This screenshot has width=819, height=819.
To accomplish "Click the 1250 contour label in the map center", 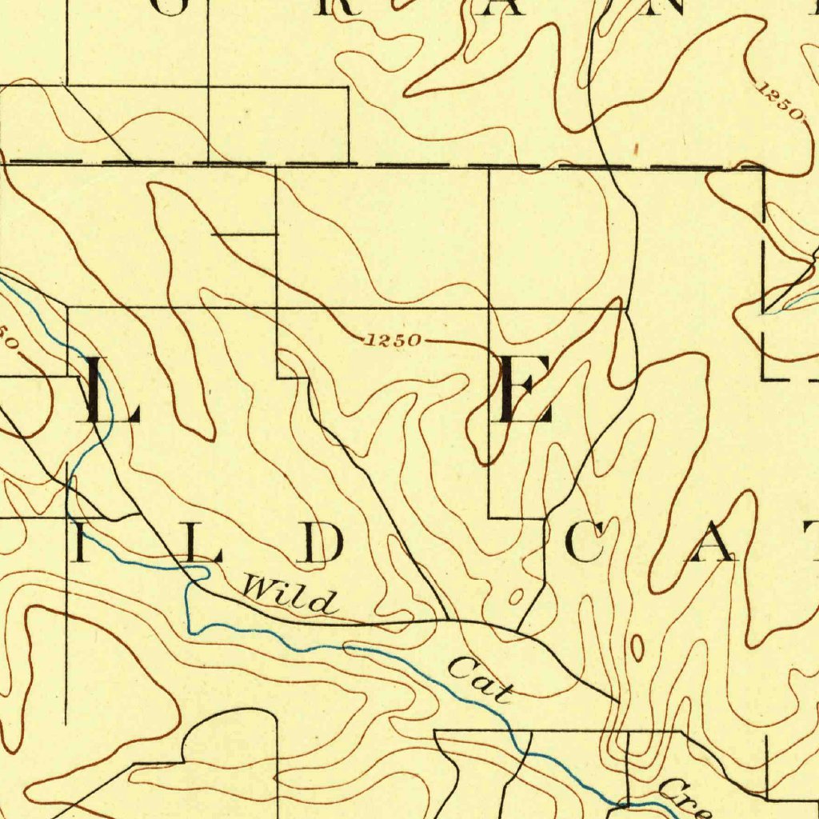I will click(x=392, y=341).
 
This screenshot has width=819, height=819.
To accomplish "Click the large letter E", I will click(x=524, y=390).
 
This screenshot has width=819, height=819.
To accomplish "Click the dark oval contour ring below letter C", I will click(x=637, y=648).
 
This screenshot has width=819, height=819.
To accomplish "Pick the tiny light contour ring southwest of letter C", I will click(x=516, y=597).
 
